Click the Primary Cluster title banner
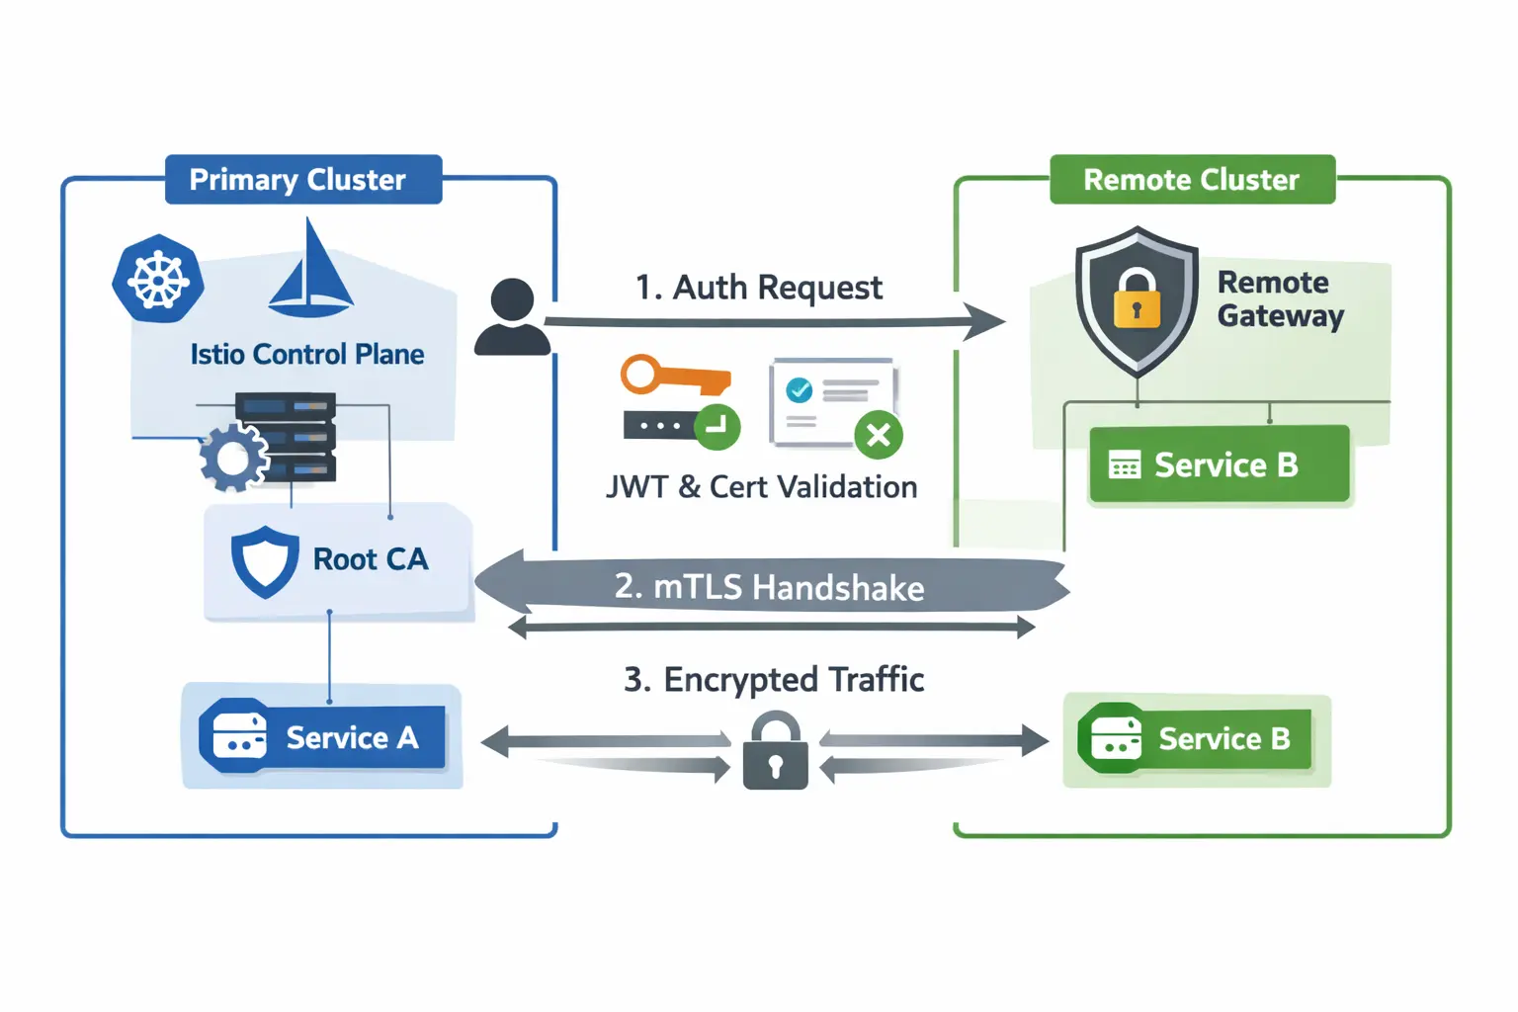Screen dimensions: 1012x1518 302,180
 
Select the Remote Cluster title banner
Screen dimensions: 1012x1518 1192,180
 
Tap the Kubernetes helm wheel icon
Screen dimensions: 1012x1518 158,279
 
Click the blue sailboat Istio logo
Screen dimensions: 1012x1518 310,272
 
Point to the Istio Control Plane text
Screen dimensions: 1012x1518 306,355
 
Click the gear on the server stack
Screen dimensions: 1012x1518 233,459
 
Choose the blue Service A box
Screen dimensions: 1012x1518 322,737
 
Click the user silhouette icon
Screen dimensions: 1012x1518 512,317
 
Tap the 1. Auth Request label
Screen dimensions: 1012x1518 758,288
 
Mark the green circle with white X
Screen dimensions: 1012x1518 878,435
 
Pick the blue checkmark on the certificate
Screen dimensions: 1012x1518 799,390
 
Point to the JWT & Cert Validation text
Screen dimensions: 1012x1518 761,487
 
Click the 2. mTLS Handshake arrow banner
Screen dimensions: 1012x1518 770,587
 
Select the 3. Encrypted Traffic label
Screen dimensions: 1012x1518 774,680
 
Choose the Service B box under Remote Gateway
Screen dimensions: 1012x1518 1219,464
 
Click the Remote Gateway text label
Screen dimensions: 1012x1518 1280,298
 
